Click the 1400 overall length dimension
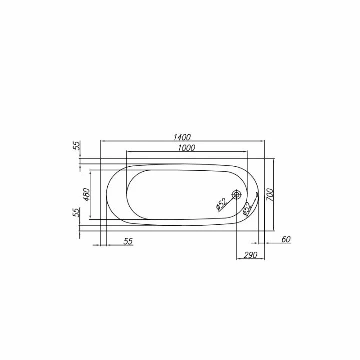point(182,137)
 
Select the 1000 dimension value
point(186,148)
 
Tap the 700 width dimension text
point(270,195)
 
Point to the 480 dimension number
point(86,194)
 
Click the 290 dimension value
point(250,255)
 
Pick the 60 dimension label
point(286,239)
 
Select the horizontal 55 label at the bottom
point(128,241)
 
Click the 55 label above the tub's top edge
point(77,146)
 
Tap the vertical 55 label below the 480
point(77,212)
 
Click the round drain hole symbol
point(236,195)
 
